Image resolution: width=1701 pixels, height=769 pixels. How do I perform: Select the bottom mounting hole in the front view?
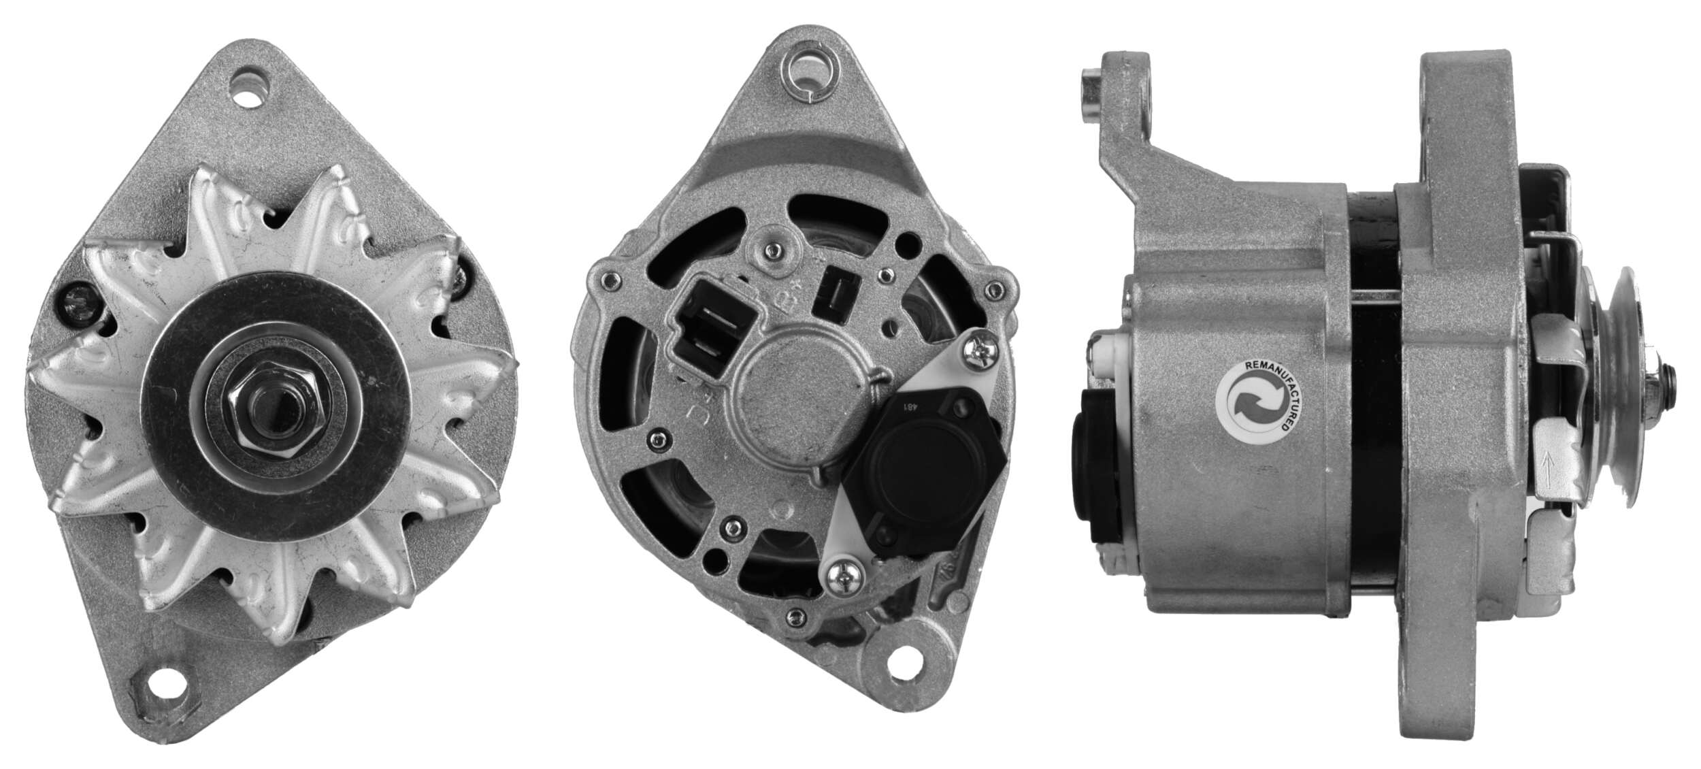coord(163,689)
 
